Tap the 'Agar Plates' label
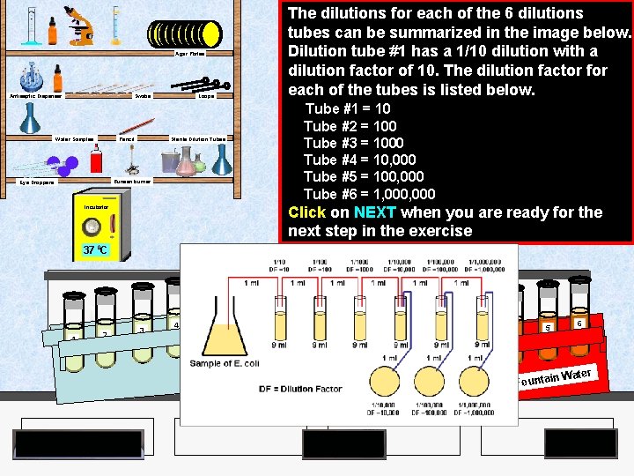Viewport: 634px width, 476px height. coord(192,54)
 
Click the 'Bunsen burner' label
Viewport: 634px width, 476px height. coord(133,181)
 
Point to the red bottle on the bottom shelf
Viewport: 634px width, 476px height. coord(96,161)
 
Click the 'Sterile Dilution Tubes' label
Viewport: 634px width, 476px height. coord(198,139)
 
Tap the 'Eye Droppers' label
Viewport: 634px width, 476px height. coord(37,182)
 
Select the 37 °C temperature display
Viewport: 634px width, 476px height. coord(95,250)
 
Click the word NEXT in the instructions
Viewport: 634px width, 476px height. coord(376,212)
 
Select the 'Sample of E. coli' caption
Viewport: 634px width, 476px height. coord(225,364)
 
